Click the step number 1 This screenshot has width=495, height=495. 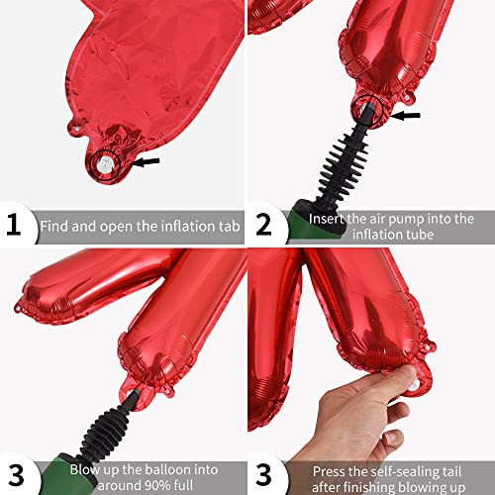click(14, 225)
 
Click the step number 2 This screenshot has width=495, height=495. click(263, 225)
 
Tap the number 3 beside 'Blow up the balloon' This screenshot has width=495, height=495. click(16, 475)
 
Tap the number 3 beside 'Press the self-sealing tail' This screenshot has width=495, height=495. click(263, 475)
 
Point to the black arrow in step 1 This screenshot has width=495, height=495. click(146, 161)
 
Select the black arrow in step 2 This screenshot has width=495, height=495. click(405, 116)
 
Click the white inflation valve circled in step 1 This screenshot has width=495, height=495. click(105, 164)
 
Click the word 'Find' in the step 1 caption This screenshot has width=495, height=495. click(54, 226)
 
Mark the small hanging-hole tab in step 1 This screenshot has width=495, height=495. click(76, 128)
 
